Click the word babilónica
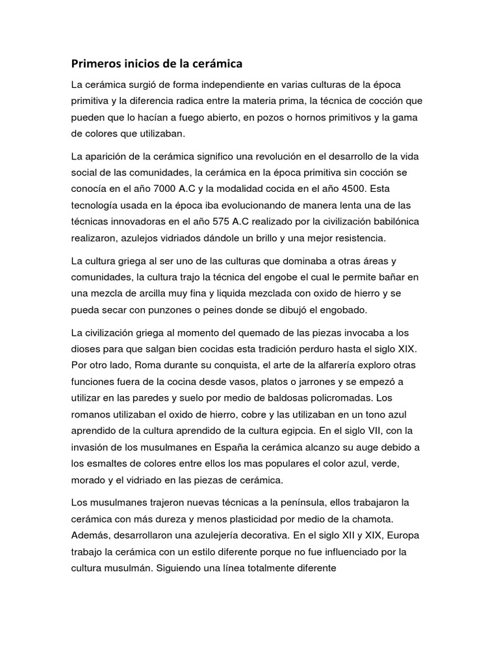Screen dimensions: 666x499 (392, 220)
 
